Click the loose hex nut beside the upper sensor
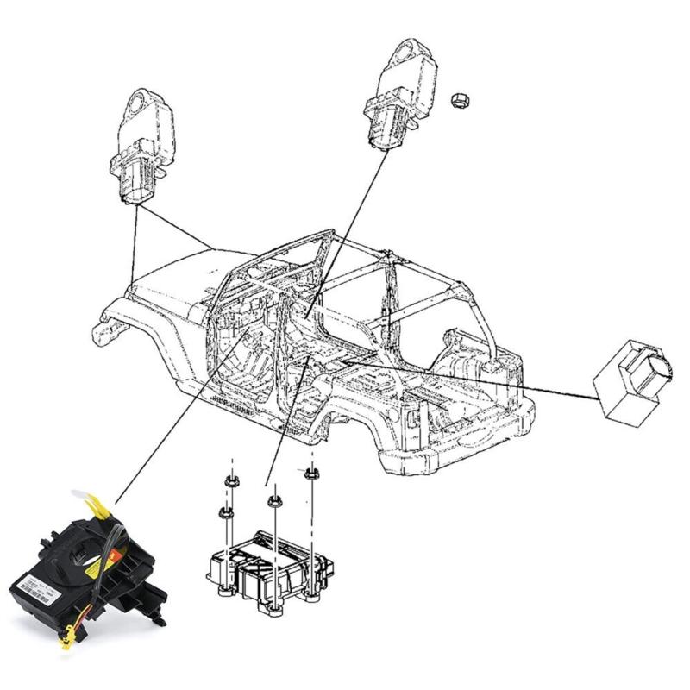(460, 100)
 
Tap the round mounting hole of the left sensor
(139, 108)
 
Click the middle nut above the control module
(273, 499)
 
